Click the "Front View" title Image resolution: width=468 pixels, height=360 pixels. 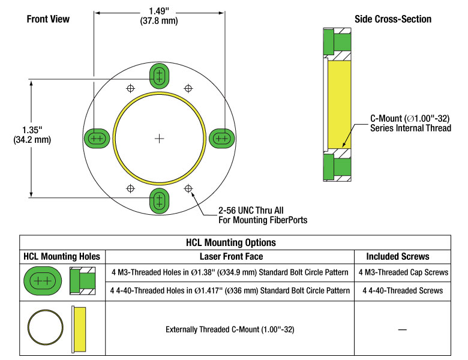pos(48,19)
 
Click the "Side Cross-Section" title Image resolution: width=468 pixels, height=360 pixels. pos(393,19)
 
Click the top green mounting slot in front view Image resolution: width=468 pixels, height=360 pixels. pos(159,77)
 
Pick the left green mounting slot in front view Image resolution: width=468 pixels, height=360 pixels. pos(96,139)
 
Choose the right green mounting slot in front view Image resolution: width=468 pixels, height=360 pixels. pos(222,139)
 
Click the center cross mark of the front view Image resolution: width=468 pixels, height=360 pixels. pos(159,139)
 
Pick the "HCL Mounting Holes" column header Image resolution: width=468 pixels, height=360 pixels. pos(62,256)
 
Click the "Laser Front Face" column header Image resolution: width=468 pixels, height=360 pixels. pos(230,256)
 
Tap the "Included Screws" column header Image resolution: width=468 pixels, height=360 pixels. pos(402,256)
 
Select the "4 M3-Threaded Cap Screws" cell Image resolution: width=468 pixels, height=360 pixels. pos(402,272)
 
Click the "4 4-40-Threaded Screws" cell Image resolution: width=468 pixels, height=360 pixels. pos(402,290)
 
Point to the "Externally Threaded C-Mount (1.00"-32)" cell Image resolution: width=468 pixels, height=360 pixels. pos(230,329)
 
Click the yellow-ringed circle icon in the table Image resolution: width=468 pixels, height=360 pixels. pos(44,329)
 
